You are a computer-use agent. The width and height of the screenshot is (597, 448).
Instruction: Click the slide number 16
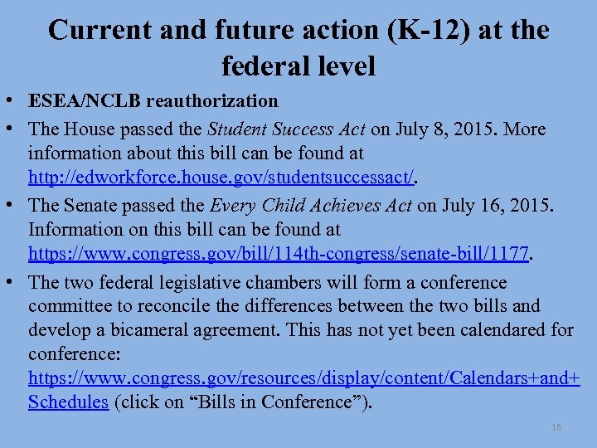[556, 427]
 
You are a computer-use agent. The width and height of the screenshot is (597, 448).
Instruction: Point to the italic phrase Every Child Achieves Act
[311, 204]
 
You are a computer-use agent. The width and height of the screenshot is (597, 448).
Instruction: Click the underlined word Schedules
[69, 402]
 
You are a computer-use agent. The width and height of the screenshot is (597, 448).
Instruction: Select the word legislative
[188, 282]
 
